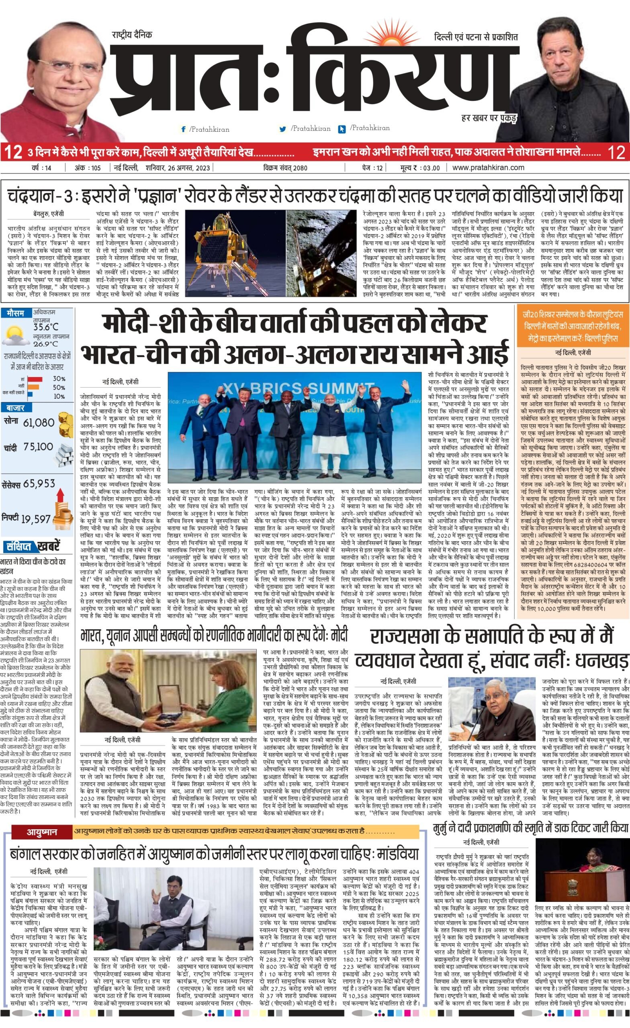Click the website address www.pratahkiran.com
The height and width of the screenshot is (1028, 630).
pyautogui.click(x=488, y=168)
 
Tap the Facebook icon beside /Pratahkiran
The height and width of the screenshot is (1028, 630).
pyautogui.click(x=183, y=129)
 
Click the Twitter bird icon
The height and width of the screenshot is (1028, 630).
pyautogui.click(x=282, y=129)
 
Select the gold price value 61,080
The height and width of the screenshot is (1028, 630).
pyautogui.click(x=39, y=422)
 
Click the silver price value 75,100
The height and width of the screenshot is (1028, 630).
pyautogui.click(x=38, y=447)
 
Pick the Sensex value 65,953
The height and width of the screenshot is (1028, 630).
pyautogui.click(x=39, y=483)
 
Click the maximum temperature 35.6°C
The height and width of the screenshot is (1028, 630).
pyautogui.click(x=46, y=327)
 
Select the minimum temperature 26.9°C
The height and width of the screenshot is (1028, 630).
pyautogui.click(x=46, y=344)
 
